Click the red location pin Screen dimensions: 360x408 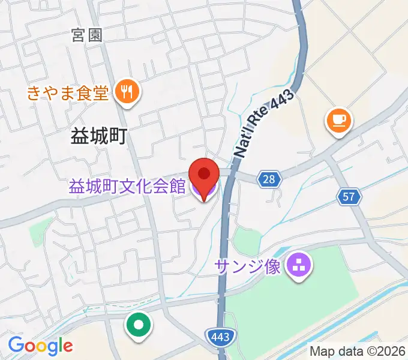coord(203,175)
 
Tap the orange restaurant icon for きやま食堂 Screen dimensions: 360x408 coord(127,92)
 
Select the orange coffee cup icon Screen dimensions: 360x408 coord(338,120)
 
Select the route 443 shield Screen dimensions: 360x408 coord(220,337)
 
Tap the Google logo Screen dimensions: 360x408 coord(40,346)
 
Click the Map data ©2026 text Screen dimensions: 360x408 coord(357,352)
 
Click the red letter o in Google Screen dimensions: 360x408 coord(29,347)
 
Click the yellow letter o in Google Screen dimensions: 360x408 coord(40,347)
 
